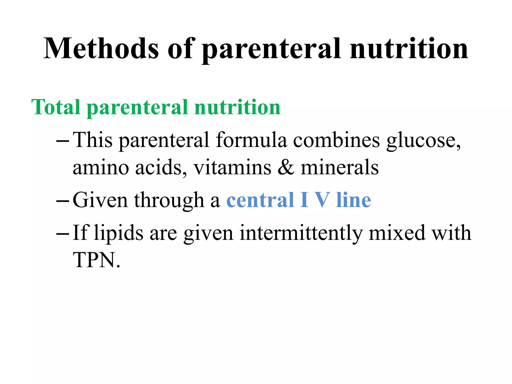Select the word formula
click(x=251, y=140)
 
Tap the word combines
click(x=336, y=140)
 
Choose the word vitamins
click(x=232, y=167)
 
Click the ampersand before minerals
click(x=286, y=167)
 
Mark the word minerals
click(x=339, y=167)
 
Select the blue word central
click(x=260, y=200)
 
